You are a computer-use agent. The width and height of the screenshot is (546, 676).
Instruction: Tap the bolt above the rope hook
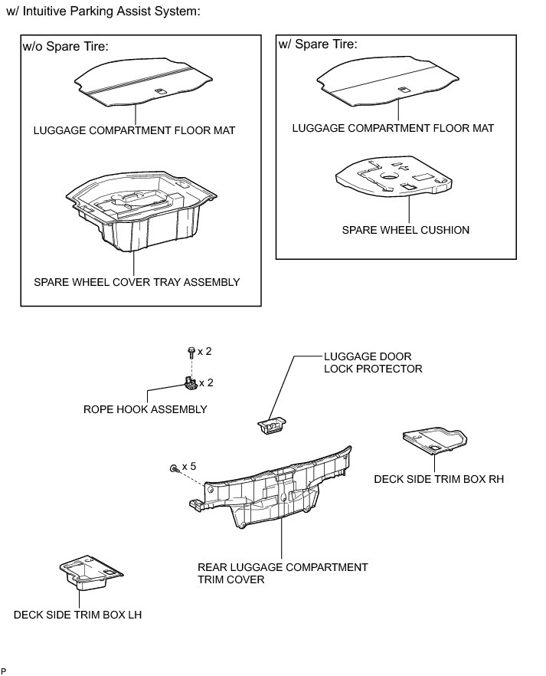[190, 353]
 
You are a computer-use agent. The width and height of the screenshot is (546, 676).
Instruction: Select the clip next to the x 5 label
[175, 467]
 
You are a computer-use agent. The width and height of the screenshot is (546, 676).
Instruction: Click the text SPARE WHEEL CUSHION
[405, 230]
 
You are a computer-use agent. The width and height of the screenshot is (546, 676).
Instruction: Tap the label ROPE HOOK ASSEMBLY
[145, 409]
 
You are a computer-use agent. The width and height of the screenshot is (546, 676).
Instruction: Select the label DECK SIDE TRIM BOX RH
[433, 479]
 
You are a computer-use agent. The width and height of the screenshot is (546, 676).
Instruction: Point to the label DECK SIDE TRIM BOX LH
[77, 615]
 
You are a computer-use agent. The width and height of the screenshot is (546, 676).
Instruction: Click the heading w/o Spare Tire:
[66, 48]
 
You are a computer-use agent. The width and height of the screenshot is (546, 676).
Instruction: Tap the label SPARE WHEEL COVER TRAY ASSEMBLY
[136, 282]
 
